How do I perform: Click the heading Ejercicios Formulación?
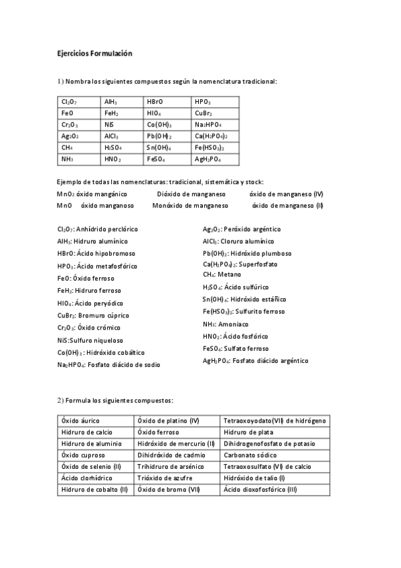(x=95, y=53)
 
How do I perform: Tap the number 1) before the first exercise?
(x=60, y=81)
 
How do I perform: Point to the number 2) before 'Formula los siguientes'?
(x=60, y=400)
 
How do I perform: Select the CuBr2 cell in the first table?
(x=204, y=113)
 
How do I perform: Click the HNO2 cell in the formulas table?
(x=112, y=159)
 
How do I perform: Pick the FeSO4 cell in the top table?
(x=157, y=159)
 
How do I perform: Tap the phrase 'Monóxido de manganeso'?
(x=189, y=205)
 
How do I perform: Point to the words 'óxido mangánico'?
(x=101, y=194)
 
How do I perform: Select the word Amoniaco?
(x=237, y=324)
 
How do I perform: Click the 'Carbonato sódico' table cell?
(x=248, y=455)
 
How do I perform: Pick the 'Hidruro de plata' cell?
(x=248, y=432)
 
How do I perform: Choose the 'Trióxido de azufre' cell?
(x=164, y=478)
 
